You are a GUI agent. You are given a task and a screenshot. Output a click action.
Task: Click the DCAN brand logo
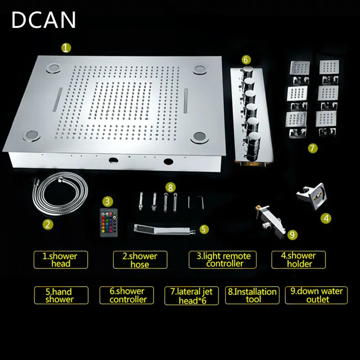[44, 20]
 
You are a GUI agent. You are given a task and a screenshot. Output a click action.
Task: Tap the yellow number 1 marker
[66, 48]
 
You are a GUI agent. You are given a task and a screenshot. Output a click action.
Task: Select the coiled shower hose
[60, 194]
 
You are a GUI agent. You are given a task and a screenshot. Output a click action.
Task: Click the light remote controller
[109, 222]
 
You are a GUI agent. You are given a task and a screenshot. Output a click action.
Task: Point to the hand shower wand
[164, 229]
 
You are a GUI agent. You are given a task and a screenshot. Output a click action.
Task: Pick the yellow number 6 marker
[246, 60]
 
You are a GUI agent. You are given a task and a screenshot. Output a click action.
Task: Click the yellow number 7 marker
[313, 148]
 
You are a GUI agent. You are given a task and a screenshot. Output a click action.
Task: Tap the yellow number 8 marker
[170, 188]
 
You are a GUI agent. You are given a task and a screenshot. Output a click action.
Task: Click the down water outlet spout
[270, 220]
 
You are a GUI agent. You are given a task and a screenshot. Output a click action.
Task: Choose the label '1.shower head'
[61, 260]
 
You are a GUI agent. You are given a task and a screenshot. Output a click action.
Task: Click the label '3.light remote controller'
[222, 260]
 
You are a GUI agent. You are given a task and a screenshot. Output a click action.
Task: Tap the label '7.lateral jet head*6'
[192, 296]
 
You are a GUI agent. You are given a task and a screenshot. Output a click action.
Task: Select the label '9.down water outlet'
[316, 295]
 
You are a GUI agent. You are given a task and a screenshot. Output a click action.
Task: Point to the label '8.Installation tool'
[252, 295]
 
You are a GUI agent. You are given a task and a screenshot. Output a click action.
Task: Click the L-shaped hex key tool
[196, 202]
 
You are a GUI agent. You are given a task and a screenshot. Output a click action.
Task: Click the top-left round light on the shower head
[54, 68]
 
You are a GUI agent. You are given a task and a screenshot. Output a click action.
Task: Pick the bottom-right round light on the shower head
[199, 137]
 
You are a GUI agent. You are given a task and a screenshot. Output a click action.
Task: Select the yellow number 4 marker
[326, 218]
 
